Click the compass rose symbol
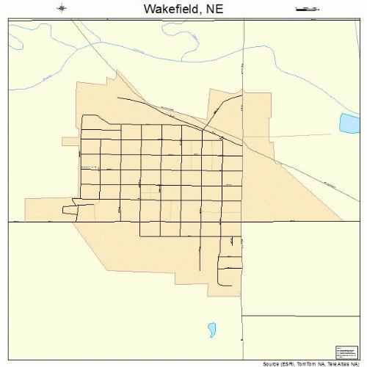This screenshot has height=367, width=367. pos(62,9)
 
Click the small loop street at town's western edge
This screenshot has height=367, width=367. pos(70,210)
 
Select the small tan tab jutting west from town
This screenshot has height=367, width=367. pos(70,140)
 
